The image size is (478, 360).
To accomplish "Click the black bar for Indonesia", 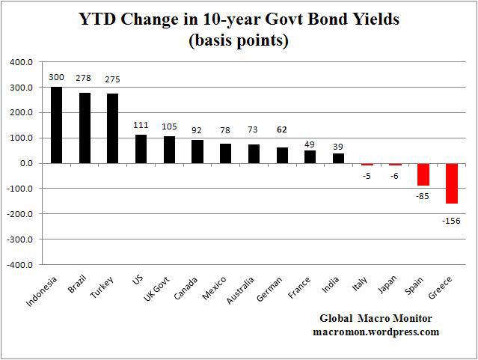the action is pos(56,125).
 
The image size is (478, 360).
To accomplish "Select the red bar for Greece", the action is pos(452,183).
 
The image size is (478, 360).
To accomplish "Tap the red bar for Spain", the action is pos(423,174).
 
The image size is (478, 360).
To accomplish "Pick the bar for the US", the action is pos(141,149).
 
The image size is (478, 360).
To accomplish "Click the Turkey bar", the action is pos(112,129).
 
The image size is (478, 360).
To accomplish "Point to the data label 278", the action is pos(84,78).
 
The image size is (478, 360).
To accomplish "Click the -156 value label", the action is pos(451,221).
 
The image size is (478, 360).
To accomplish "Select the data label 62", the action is pos(282,129).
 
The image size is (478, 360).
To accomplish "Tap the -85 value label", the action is pos(423,196).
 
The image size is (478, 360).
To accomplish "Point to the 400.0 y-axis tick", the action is pos(22,62).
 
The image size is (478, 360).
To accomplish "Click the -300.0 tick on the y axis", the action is pos(19,240).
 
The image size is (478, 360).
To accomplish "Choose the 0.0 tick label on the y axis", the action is pos(26,163).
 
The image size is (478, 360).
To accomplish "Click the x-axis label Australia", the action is pos(240,290).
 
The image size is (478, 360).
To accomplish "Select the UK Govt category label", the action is pos(156,289).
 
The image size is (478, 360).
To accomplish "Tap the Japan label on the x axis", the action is pos(387,284).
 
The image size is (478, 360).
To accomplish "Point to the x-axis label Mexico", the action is pos(214,288).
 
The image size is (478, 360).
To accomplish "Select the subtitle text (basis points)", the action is pos(239,40).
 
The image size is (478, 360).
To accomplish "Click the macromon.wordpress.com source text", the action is pos(376,332).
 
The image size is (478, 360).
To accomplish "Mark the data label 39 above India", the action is pos(338,147).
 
